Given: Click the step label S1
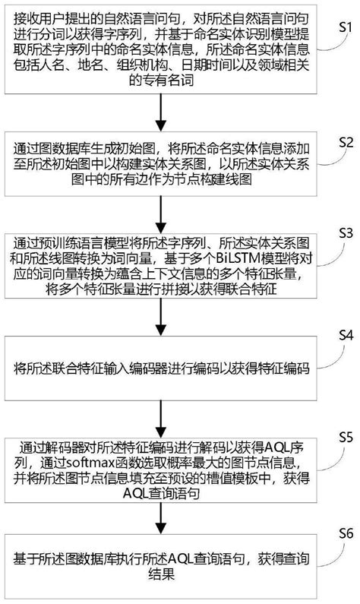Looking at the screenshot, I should (x=342, y=28).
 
